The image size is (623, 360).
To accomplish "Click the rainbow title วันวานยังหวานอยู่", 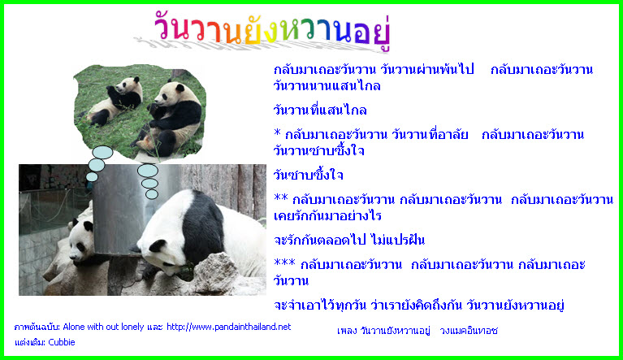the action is (272, 30).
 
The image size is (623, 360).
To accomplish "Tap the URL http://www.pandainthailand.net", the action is (228, 327).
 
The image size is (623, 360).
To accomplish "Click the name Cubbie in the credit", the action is (61, 342).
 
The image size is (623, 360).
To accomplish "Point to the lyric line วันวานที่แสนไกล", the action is (320, 110).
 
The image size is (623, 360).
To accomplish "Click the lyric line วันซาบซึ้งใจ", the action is (309, 175).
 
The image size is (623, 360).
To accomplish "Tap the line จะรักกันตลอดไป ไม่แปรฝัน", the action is (349, 240).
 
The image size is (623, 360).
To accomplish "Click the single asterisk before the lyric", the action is (277, 132).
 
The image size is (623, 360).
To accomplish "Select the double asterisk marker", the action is (281, 197).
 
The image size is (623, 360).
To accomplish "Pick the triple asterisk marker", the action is (284, 262).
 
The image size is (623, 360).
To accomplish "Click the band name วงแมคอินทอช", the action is (469, 331).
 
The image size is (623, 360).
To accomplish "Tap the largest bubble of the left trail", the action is (102, 153).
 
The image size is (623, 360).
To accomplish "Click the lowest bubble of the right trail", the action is (152, 194).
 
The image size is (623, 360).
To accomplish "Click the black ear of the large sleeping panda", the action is (158, 246).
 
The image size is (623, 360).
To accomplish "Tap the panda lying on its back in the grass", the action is (113, 102).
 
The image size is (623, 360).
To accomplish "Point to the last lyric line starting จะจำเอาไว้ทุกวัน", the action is (419, 306).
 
